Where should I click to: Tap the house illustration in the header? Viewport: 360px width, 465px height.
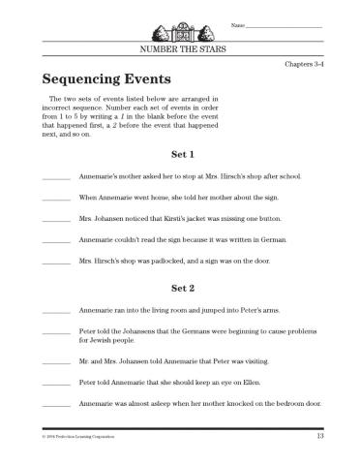[181, 24]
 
